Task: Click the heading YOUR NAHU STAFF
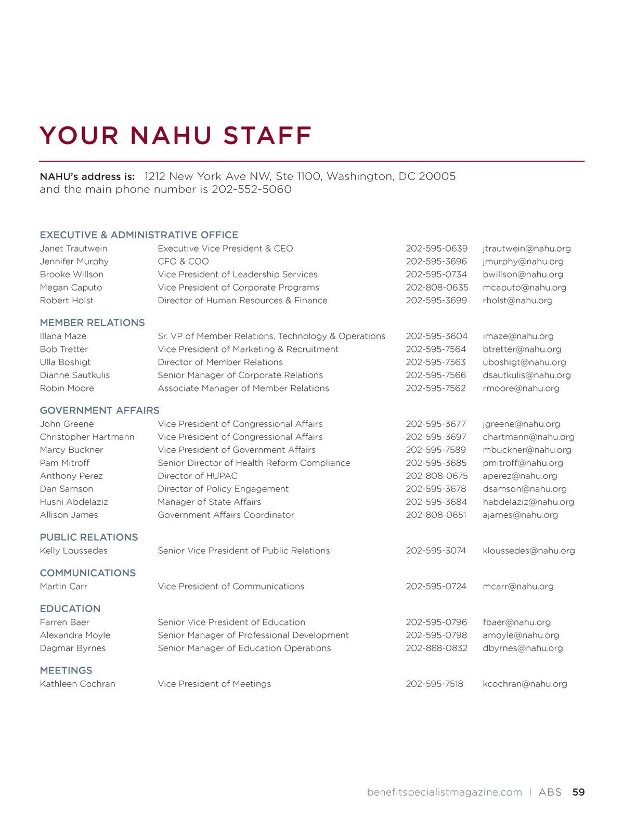point(175,136)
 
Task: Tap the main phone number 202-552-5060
point(252,189)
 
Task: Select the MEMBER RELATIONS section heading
point(92,322)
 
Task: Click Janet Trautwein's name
point(73,249)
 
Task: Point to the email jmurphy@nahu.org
point(523,262)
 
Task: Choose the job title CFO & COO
point(183,262)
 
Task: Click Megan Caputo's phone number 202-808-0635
point(437,288)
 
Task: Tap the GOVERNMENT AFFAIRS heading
point(99,410)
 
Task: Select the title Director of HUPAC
point(197,476)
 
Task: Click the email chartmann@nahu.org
point(528,437)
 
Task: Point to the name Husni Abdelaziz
point(74,502)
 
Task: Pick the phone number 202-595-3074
point(436,551)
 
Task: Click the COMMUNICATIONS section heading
point(87,573)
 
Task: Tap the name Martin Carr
point(63,587)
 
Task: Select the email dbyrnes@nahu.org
point(523,648)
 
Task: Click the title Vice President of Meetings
point(214,684)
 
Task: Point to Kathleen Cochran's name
point(77,684)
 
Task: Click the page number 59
point(578,792)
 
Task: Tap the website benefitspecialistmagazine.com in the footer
point(444,792)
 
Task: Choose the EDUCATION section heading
point(70,608)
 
